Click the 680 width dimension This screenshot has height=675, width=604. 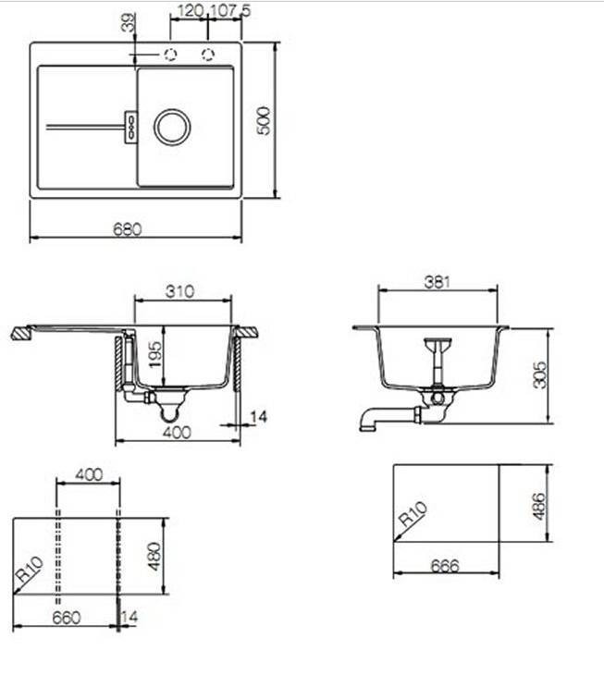(128, 229)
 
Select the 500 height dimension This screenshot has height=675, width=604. (264, 121)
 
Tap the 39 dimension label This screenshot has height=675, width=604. (129, 22)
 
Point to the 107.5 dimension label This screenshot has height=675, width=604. (230, 11)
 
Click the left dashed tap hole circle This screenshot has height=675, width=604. (170, 55)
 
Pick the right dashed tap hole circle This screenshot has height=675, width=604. (208, 55)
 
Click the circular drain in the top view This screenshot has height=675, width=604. (172, 127)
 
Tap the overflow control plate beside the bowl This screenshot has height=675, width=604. (130, 127)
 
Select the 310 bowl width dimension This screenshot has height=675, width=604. (180, 291)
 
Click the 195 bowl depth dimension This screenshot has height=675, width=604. (155, 354)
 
